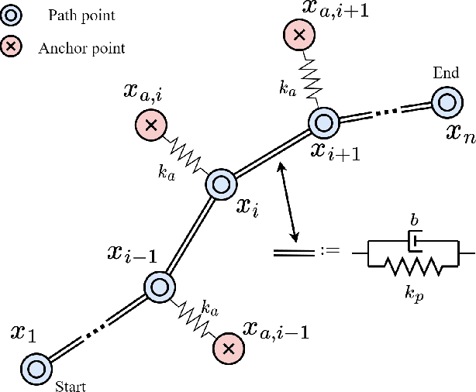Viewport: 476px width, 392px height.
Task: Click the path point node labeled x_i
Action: [x=219, y=184]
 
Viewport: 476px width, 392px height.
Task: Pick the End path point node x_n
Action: [x=447, y=101]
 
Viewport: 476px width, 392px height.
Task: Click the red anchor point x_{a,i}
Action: [x=150, y=124]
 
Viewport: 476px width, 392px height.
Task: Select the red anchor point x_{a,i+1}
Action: [x=297, y=35]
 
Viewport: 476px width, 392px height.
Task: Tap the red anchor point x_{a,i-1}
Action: [x=228, y=349]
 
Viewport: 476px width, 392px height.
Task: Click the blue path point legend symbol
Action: [x=13, y=15]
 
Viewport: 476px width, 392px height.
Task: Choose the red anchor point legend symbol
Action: [x=13, y=47]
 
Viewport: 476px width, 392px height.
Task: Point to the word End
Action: [x=445, y=74]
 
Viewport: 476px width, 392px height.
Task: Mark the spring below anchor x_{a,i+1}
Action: [x=309, y=78]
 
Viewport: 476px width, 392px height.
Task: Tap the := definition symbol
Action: [x=331, y=252]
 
